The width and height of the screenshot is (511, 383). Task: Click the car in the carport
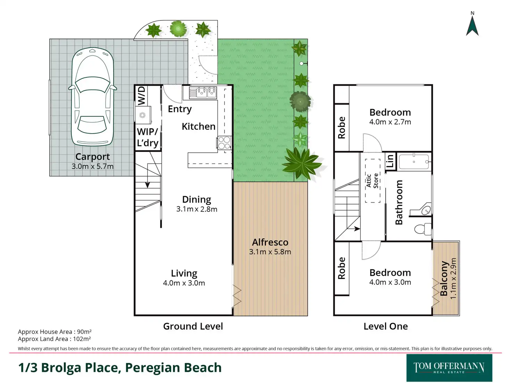click(92, 97)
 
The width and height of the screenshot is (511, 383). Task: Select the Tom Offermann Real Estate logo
click(449, 368)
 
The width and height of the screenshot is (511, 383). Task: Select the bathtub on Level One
click(414, 162)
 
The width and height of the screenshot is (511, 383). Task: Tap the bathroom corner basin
click(426, 209)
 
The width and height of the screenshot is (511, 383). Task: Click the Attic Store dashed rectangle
click(372, 181)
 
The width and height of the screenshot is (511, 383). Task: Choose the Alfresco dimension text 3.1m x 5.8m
click(270, 252)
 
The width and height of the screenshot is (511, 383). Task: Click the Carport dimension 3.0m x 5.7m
click(92, 167)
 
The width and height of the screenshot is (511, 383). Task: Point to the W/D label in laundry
click(141, 95)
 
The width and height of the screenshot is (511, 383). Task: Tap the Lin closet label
click(390, 161)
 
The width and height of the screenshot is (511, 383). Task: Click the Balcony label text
click(444, 278)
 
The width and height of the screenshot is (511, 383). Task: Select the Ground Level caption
click(193, 326)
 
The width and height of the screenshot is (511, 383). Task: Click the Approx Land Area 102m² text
click(55, 339)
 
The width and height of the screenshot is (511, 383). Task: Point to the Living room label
click(184, 273)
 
